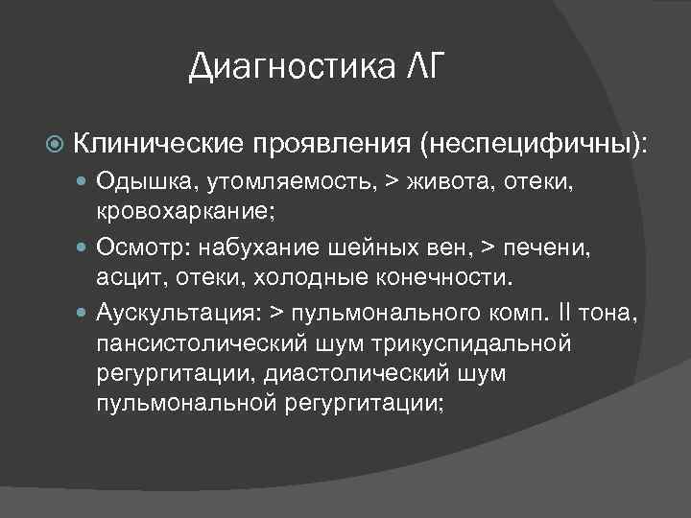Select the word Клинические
(x=160, y=145)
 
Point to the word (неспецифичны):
(x=533, y=145)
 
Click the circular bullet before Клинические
(x=55, y=145)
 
